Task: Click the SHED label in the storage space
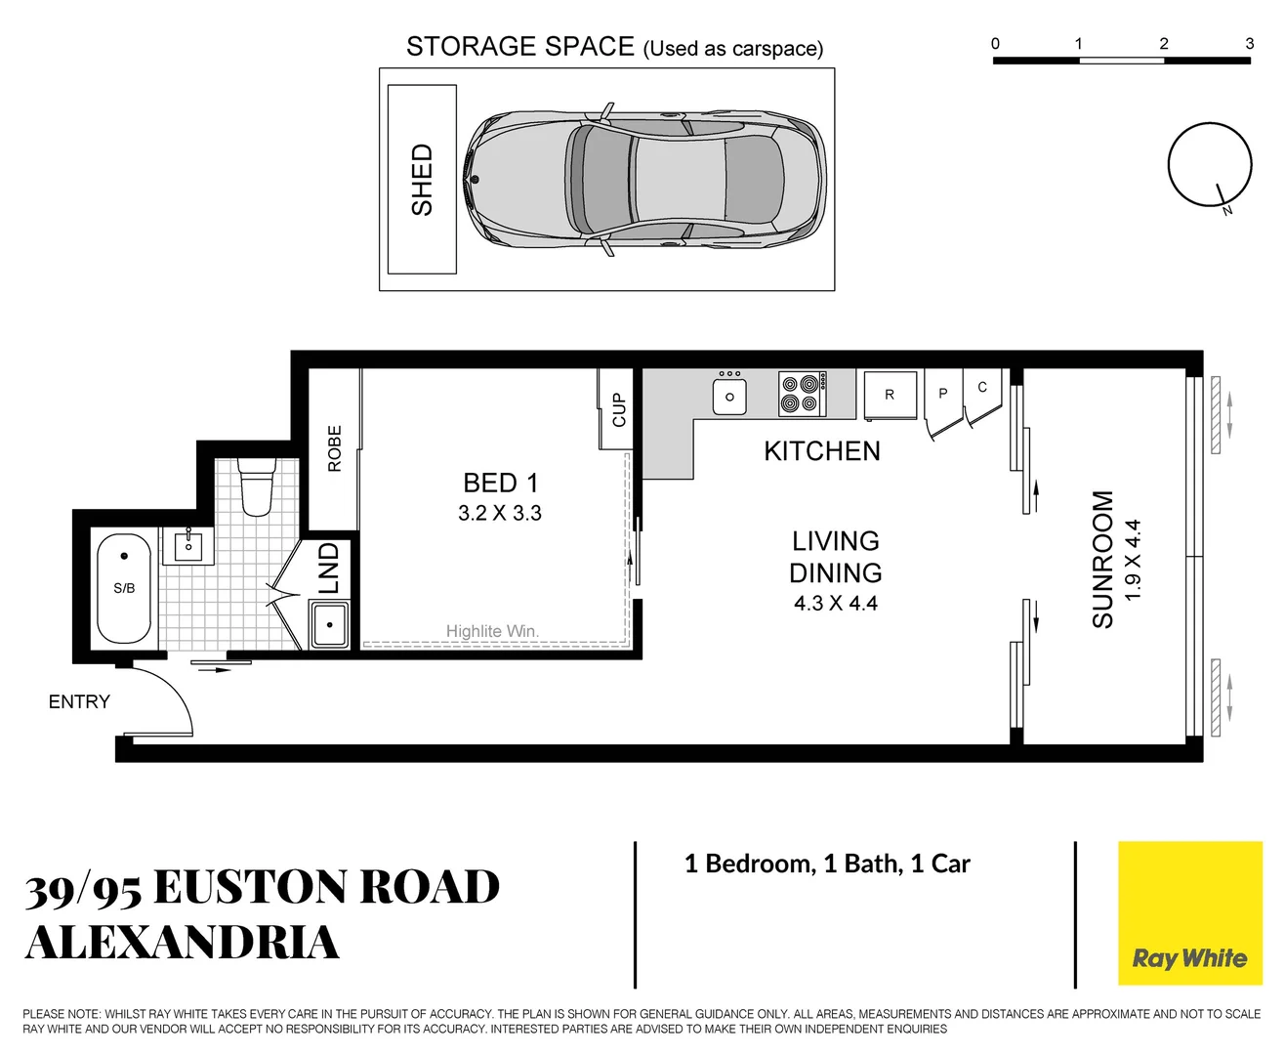422,180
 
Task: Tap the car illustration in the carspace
644,179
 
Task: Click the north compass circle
1209,164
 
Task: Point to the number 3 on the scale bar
1249,43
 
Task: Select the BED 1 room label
500,483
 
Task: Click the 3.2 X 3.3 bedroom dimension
500,513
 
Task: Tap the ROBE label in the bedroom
335,448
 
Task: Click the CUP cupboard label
618,409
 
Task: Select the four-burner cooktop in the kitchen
803,394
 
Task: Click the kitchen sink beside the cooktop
729,397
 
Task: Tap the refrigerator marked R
890,395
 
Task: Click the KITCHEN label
821,451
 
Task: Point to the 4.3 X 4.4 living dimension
835,604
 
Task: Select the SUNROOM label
1102,559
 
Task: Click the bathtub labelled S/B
124,588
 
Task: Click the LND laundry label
329,569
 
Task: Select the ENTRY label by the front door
79,701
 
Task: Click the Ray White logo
1189,913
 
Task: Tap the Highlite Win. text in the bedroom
492,631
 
